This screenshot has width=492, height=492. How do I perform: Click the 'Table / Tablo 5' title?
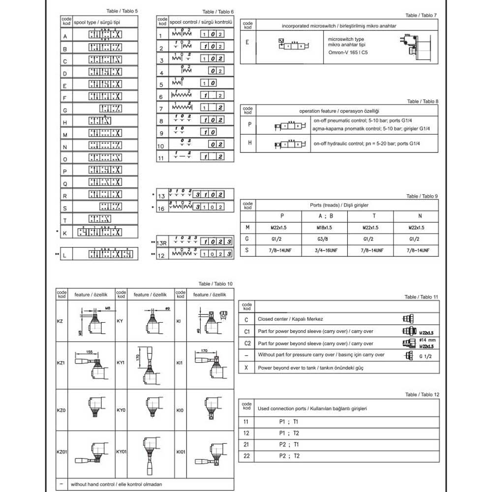(x=123, y=11)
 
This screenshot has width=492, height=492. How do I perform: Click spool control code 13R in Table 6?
(x=163, y=243)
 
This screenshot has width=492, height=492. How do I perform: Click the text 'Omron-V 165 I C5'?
(x=347, y=53)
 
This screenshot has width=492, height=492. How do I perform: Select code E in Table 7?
(x=247, y=42)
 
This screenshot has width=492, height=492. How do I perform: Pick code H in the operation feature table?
(x=249, y=143)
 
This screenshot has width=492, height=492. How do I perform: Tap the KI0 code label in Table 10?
(x=180, y=409)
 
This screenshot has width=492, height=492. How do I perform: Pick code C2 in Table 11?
(x=247, y=343)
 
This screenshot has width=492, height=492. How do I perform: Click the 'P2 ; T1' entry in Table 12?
(x=289, y=444)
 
